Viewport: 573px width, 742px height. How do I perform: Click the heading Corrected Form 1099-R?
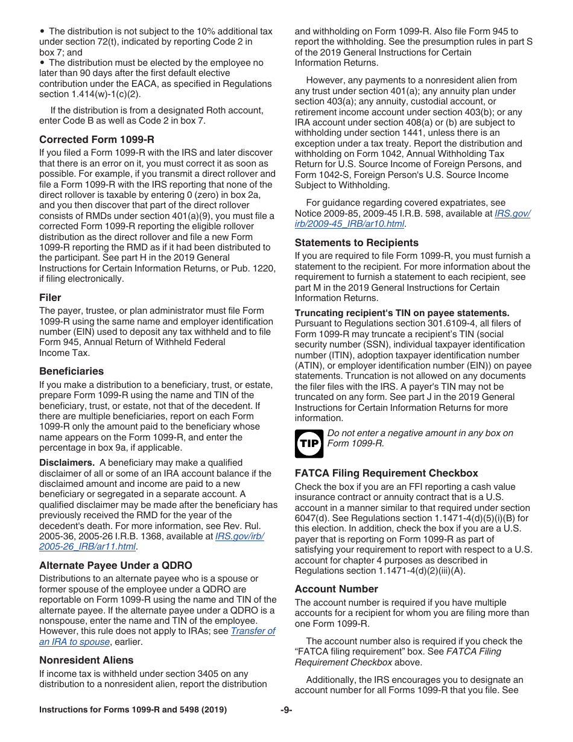[97, 139]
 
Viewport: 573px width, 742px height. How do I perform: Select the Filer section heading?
[50, 297]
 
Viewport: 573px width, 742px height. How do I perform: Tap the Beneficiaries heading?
[71, 371]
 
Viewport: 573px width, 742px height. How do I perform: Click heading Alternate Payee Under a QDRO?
[115, 565]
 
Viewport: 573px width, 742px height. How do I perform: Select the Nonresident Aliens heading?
[86, 660]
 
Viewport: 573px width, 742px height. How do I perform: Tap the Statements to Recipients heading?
[356, 243]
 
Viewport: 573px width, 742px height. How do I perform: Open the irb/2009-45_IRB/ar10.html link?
[350, 224]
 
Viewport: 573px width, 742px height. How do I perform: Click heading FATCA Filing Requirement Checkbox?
[386, 473]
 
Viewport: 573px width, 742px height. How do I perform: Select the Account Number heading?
[336, 589]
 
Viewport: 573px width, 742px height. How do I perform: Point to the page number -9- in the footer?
[286, 710]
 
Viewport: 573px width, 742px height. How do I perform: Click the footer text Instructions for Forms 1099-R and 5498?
[133, 710]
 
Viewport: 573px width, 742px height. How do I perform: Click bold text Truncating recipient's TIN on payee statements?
[402, 312]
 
